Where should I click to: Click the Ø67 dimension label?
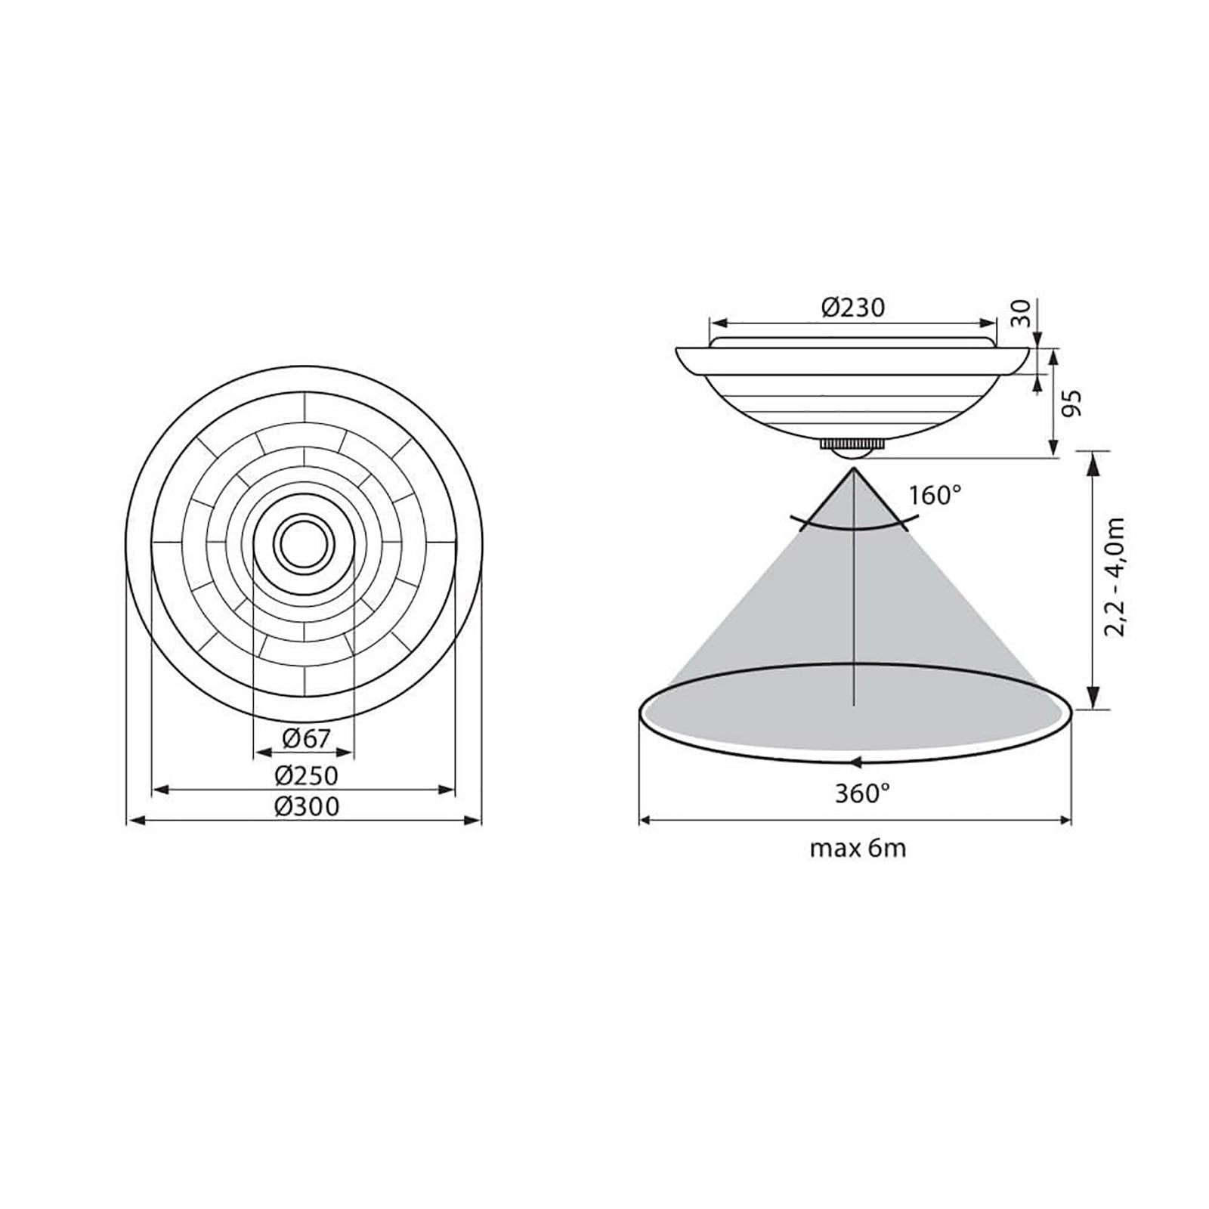(306, 738)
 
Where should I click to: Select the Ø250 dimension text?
(306, 775)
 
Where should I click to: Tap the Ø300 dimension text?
(306, 806)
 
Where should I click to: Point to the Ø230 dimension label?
(853, 308)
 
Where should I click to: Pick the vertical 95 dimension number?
(1072, 403)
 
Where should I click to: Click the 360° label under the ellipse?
(862, 793)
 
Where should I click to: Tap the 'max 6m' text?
(858, 849)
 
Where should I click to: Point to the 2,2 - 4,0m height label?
(1115, 577)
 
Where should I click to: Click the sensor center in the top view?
(304, 543)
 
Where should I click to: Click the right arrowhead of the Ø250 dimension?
(447, 790)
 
